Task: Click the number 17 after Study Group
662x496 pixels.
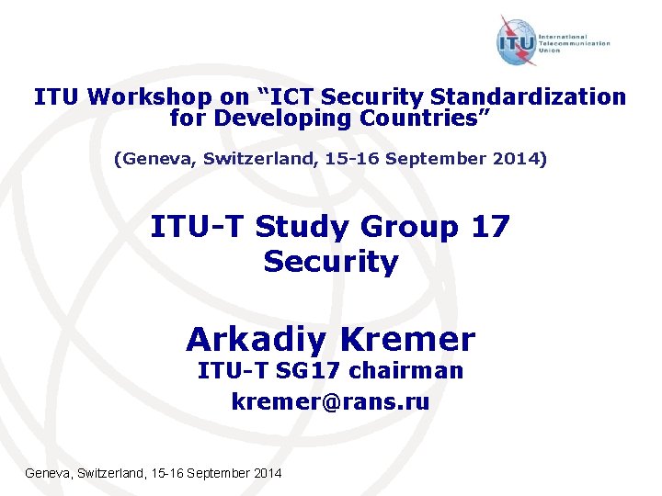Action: [488, 226]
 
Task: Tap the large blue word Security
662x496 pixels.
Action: [331, 262]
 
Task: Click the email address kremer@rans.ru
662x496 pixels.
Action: [331, 400]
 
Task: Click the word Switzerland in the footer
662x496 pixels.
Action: [102, 473]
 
